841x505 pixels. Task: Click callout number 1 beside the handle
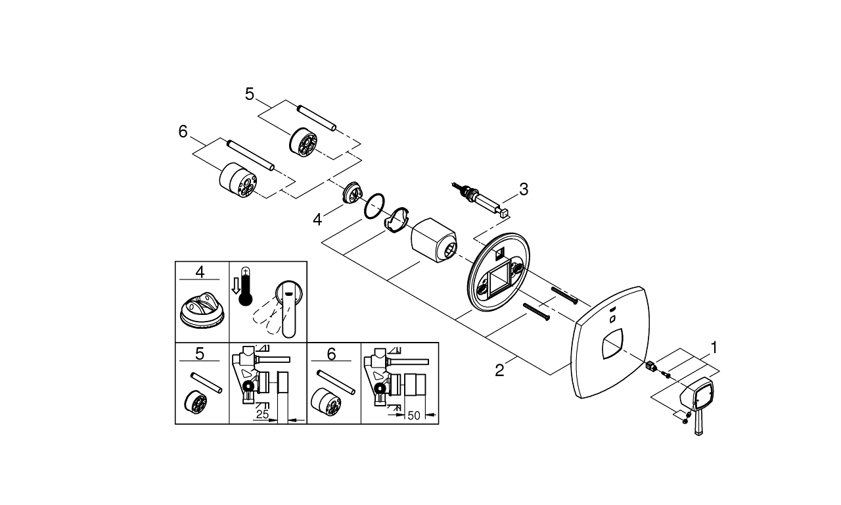[x=714, y=348]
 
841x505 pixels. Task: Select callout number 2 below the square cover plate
[x=499, y=371]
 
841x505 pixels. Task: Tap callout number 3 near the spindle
[x=524, y=189]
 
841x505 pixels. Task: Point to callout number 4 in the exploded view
[x=317, y=220]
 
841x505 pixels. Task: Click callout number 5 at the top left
[x=250, y=94]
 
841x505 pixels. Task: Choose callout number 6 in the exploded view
[x=183, y=132]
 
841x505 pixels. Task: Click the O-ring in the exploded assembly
[x=374, y=206]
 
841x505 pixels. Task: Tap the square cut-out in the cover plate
[x=612, y=344]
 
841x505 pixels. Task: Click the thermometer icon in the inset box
[x=245, y=286]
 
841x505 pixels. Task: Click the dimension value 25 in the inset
[x=262, y=414]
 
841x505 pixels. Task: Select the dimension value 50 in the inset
[x=413, y=416]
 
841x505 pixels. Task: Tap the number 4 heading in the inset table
[x=200, y=272]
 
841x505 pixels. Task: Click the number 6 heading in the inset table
[x=331, y=354]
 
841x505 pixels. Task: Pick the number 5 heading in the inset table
[x=200, y=354]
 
